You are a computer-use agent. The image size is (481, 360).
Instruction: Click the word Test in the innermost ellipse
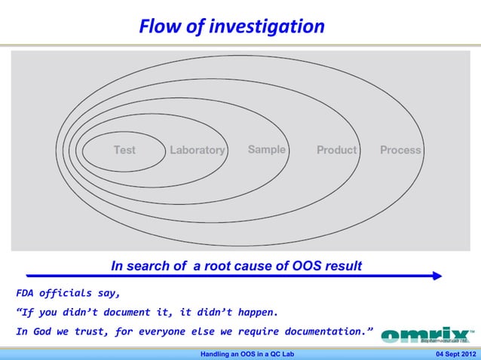tap(124, 150)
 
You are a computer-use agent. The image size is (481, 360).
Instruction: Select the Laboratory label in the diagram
tap(197, 150)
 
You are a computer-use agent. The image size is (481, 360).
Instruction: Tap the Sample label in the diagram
tap(267, 149)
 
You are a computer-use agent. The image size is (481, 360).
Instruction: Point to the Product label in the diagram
tap(336, 150)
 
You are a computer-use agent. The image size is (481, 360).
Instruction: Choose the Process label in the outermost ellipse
tap(400, 150)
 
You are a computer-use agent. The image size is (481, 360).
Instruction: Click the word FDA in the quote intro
tap(26, 293)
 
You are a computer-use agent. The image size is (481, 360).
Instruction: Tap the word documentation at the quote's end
tap(320, 331)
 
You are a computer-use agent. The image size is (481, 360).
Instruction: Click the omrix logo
tap(427, 334)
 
